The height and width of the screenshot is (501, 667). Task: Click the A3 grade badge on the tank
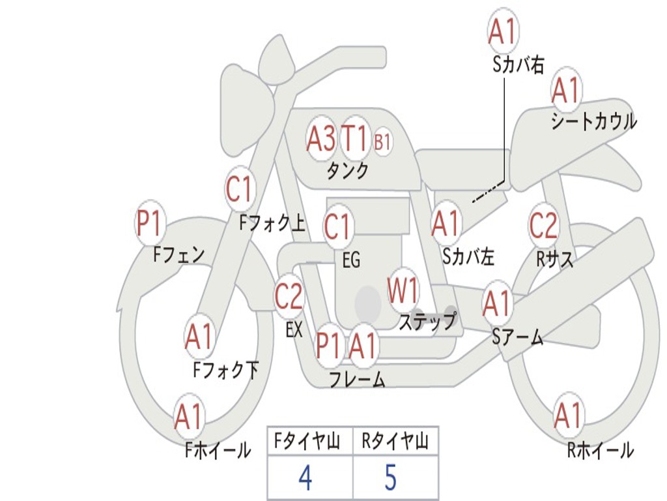(x=321, y=138)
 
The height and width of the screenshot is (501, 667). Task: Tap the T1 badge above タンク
(x=355, y=138)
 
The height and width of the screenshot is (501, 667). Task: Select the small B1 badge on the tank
(x=382, y=142)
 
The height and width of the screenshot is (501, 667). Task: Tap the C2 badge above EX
(x=289, y=297)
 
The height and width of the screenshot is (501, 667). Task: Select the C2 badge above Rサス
(x=543, y=226)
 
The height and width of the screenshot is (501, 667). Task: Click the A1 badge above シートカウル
(x=566, y=91)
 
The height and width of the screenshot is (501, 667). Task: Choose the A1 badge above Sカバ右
(x=503, y=31)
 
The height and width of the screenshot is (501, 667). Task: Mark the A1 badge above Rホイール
(x=568, y=416)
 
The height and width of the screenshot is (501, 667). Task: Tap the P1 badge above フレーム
(x=329, y=346)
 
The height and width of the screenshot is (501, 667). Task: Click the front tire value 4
(x=305, y=478)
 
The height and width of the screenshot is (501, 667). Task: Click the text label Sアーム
(x=517, y=337)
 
